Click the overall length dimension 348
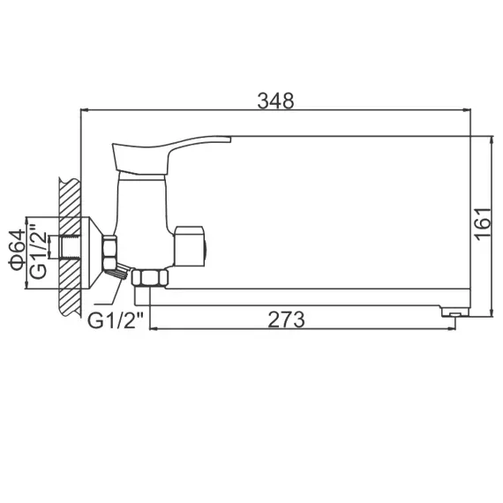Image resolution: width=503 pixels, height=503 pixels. pos(275,99)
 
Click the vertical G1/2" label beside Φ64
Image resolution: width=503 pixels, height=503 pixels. pos(37,251)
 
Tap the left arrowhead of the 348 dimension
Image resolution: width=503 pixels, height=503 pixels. pos(84,110)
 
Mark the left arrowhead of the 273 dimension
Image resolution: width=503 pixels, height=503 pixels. pos(156,330)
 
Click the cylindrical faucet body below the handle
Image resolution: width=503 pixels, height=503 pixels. pos(142,212)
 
